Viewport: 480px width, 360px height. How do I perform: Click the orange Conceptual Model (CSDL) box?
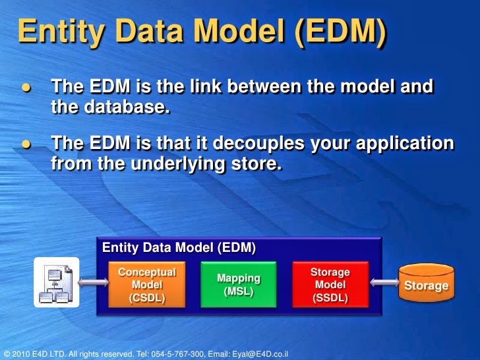coord(146,285)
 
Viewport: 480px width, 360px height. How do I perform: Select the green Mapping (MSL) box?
coord(238,285)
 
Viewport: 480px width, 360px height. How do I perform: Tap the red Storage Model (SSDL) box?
coord(330,285)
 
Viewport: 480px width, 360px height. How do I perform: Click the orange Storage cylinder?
coord(426,285)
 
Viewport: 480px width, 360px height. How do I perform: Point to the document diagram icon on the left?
coord(56,283)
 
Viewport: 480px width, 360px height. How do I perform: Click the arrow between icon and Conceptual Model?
coord(94,283)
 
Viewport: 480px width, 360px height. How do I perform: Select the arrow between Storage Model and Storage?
coord(383,283)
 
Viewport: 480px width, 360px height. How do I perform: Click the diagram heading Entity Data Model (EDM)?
coord(179,248)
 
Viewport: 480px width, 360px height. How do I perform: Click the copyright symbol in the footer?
coord(6,353)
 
